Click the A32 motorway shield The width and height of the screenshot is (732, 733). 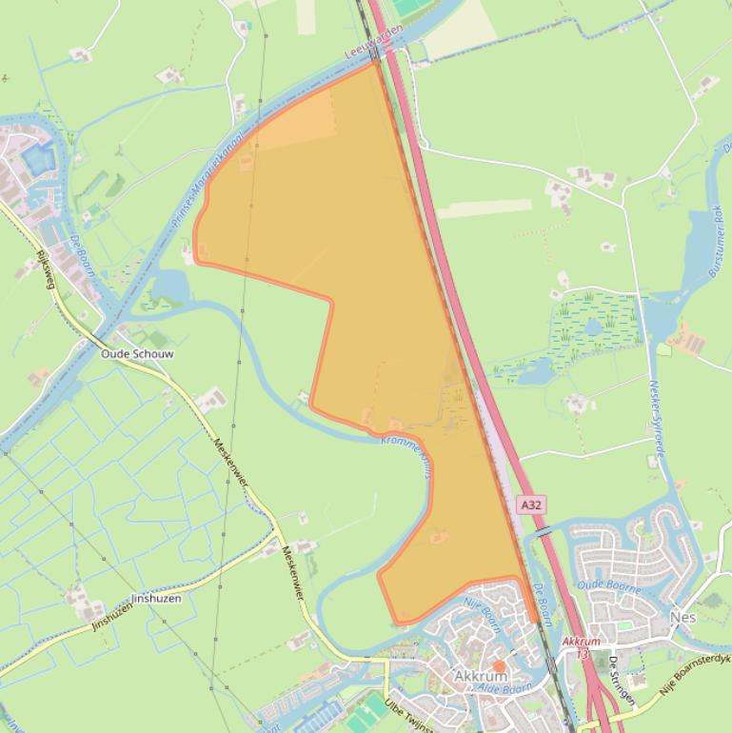click(531, 505)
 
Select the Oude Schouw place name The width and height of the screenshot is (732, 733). click(138, 353)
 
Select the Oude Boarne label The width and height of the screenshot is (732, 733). click(605, 584)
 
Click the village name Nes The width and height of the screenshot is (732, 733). click(683, 618)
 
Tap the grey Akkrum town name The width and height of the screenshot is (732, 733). click(481, 677)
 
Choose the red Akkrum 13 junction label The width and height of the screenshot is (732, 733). click(582, 647)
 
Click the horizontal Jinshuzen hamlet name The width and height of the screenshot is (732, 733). click(156, 600)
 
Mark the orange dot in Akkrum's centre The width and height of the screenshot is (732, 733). click(498, 666)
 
